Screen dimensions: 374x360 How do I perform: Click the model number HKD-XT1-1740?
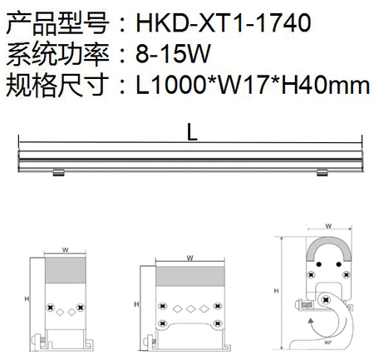click(x=224, y=22)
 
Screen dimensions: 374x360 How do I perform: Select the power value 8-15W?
click(x=173, y=53)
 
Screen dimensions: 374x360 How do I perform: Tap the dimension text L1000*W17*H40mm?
click(x=253, y=85)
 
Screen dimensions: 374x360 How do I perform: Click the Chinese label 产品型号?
click(x=57, y=23)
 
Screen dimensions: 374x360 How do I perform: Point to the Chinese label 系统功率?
click(x=57, y=54)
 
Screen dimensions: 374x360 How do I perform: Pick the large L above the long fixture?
click(x=192, y=132)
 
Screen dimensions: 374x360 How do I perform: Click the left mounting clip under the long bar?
click(x=59, y=173)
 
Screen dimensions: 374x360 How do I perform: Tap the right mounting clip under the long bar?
click(x=322, y=173)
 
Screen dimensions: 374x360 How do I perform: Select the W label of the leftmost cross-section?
click(x=66, y=250)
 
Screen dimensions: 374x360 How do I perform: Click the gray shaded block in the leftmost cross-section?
click(x=66, y=270)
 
